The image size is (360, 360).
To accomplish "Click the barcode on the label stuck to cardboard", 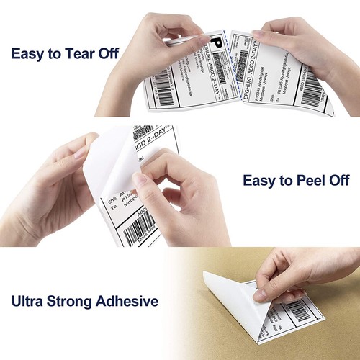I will pyautogui.click(x=297, y=310).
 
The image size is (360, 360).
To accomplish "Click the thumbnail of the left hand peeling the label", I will pyautogui.click(x=81, y=152).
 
